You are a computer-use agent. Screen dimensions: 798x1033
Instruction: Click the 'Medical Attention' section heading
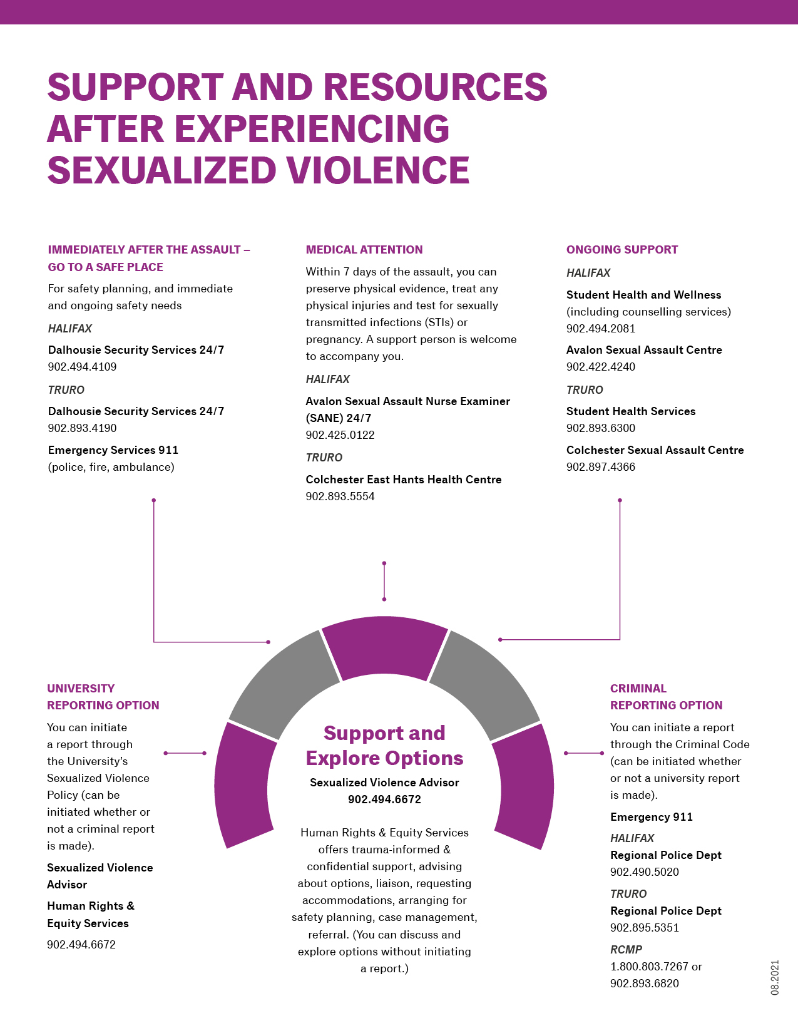coord(364,250)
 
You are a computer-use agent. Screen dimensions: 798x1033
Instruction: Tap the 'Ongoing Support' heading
coord(622,250)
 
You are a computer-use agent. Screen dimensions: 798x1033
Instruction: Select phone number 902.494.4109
coord(82,366)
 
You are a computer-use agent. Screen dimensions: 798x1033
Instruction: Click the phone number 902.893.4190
coord(82,428)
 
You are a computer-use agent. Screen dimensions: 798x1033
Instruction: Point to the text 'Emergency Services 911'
coord(113,450)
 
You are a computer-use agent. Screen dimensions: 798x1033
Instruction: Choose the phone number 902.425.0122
coord(340,435)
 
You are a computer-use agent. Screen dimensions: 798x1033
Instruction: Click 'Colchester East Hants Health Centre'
coord(404,479)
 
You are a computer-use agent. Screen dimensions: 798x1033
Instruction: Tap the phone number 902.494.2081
coord(601,329)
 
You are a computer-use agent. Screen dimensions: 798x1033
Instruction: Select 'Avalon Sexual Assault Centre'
coord(644,350)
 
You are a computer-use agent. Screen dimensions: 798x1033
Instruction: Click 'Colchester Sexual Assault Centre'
coord(655,450)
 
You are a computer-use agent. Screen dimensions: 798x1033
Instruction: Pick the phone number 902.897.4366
coord(601,467)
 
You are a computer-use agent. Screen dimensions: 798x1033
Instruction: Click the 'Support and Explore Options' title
coord(384,746)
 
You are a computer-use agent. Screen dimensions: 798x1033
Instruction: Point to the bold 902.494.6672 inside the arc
coord(384,799)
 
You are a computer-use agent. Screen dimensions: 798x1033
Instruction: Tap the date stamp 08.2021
coord(775,977)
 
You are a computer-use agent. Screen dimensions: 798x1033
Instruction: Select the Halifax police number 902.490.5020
coord(645,872)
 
